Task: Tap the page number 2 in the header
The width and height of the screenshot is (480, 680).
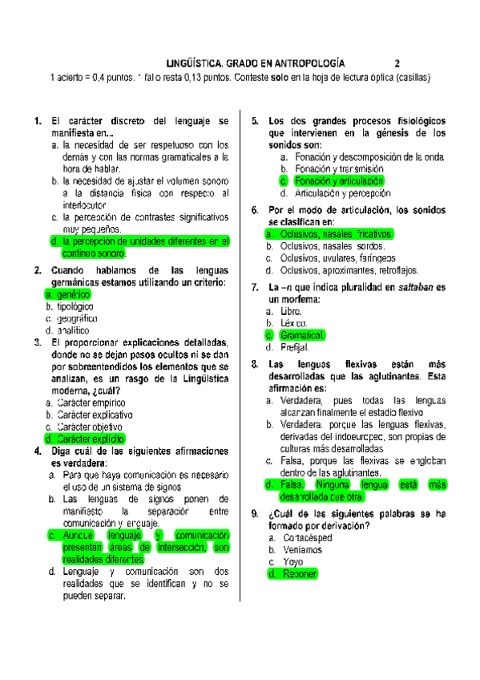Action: [397, 62]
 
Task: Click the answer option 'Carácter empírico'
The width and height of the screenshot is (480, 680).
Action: [92, 403]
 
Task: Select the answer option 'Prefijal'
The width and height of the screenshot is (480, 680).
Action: [295, 347]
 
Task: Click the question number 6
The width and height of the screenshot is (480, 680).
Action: [254, 210]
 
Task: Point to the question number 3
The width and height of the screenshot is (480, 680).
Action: [38, 342]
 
